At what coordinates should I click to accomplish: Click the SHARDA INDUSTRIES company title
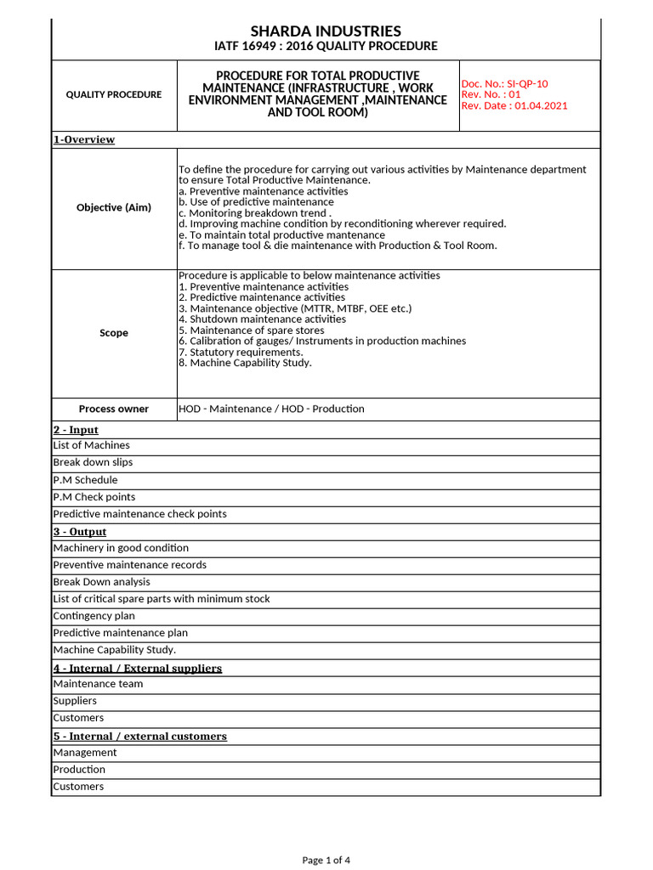point(326,31)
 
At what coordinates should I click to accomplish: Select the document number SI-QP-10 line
point(504,83)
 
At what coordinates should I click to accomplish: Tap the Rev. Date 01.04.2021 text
point(514,105)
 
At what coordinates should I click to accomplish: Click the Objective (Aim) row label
point(114,207)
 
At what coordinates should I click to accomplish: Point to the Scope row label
point(114,333)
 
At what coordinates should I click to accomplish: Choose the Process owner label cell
point(114,409)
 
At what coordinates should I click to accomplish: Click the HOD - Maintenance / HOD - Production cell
point(271,409)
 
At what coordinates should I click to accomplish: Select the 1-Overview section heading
point(84,139)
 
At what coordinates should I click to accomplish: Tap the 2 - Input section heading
point(76,430)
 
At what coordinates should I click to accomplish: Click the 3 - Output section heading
point(79,532)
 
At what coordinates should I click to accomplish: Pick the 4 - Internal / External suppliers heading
point(137,668)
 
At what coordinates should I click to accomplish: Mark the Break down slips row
point(93,462)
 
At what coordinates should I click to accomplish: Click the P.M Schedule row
point(85,480)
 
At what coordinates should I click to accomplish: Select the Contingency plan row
point(94,616)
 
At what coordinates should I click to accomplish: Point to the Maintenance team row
point(98,684)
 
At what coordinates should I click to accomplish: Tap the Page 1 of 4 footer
point(326,860)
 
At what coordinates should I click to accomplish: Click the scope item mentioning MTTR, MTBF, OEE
point(295,308)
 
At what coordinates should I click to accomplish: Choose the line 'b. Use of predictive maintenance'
point(256,202)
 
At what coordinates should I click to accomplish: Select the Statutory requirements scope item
point(241,352)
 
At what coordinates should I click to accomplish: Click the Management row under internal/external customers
point(85,753)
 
